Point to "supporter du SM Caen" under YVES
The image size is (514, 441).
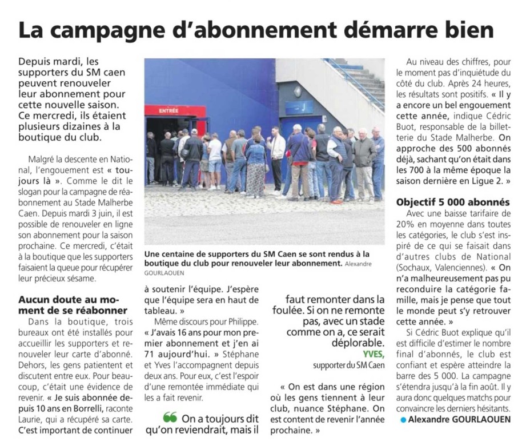(349, 365)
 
